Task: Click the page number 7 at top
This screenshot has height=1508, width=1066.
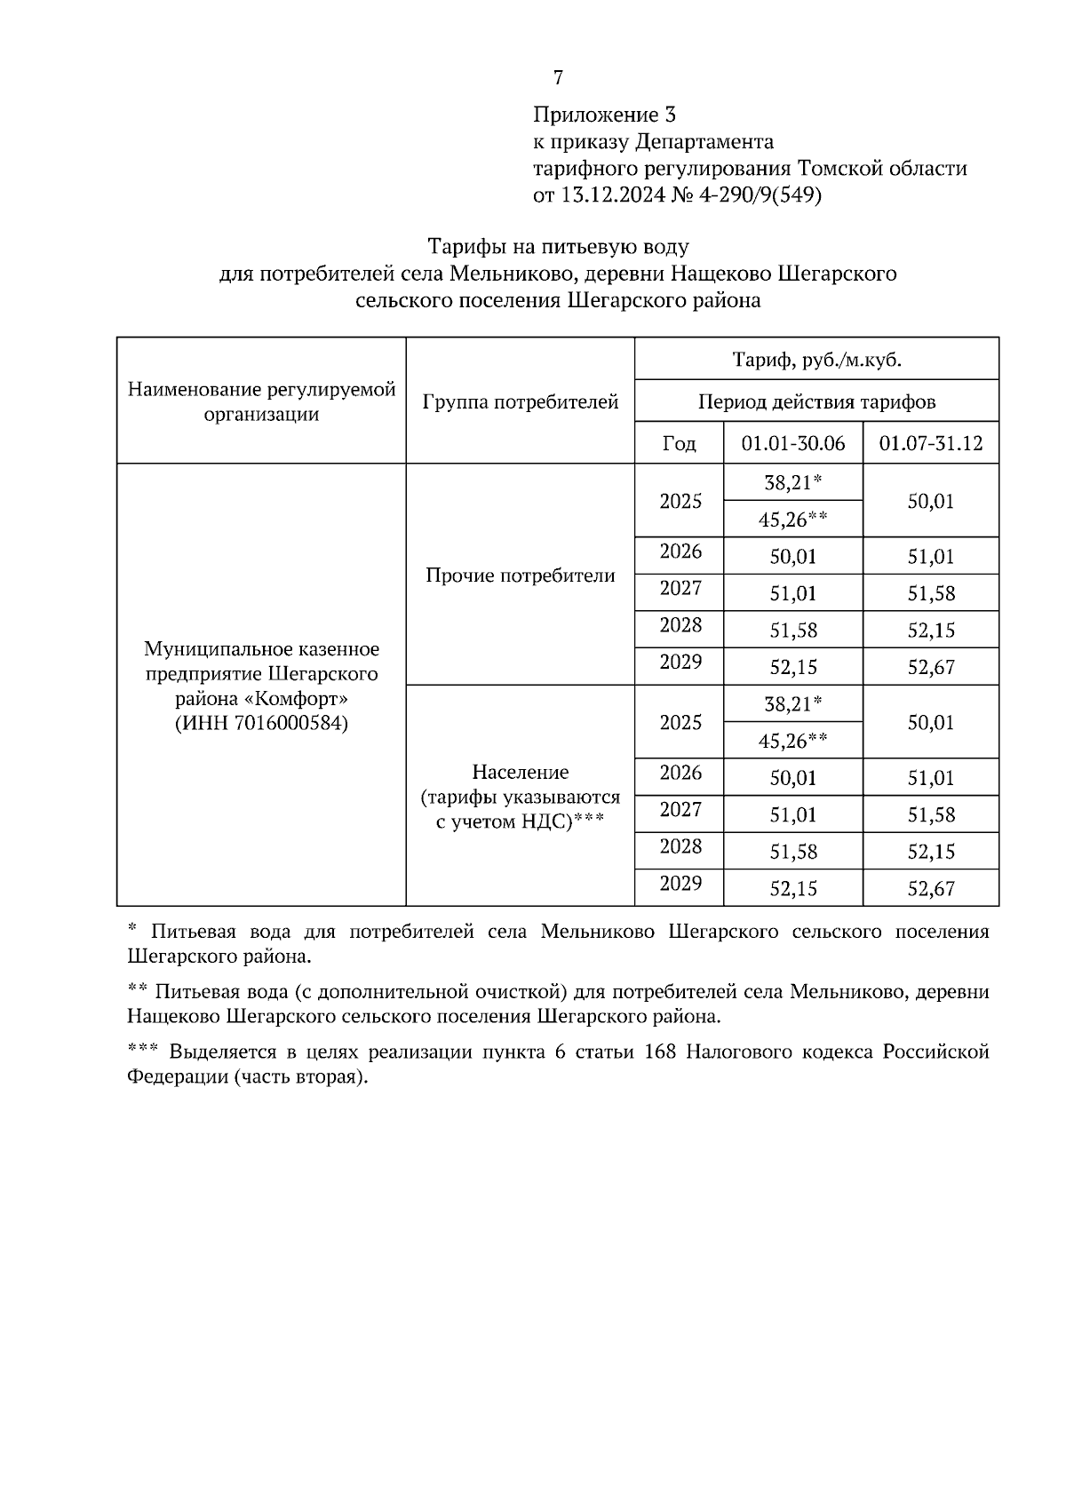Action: pos(558,78)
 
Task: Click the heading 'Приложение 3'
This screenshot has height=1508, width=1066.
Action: pos(604,115)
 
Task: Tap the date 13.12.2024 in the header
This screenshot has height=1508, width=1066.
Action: pos(611,195)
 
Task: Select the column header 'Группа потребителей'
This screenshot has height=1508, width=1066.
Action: pos(521,401)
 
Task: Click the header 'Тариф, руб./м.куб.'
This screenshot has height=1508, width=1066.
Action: pos(816,360)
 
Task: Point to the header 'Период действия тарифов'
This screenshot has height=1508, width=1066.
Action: pos(816,401)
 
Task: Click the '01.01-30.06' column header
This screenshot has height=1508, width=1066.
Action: pos(793,443)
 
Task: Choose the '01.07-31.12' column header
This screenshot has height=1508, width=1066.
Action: pos(930,443)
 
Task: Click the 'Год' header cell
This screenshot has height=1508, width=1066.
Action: pos(680,443)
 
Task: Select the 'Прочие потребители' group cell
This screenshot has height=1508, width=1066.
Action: pos(521,575)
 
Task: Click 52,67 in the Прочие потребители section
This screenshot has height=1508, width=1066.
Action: pos(930,667)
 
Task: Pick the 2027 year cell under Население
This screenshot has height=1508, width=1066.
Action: pos(680,809)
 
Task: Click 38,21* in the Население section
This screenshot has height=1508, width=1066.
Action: pos(792,704)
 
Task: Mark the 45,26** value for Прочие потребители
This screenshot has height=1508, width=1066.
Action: pos(792,520)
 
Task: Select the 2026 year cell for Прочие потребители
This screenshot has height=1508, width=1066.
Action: pos(680,552)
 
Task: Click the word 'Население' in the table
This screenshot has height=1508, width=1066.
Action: pos(521,772)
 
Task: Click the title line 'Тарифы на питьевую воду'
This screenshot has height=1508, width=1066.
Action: pos(558,246)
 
